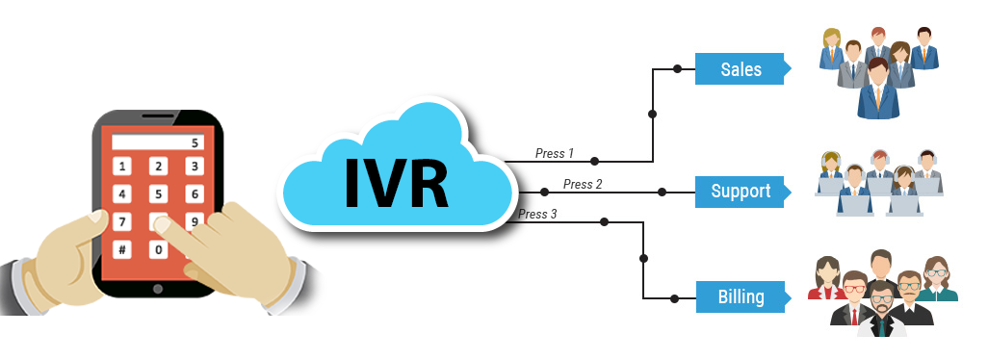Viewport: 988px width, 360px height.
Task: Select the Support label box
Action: click(741, 191)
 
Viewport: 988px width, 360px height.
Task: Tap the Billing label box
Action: click(741, 296)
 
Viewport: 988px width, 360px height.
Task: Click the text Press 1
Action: click(555, 153)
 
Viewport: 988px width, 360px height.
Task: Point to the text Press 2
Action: click(583, 184)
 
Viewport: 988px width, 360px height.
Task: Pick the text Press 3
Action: click(537, 214)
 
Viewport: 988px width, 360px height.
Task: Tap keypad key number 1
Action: click(122, 167)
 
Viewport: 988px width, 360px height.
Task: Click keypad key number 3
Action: click(194, 167)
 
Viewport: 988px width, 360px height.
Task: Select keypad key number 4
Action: click(122, 194)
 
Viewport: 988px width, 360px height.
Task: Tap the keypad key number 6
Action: click(194, 194)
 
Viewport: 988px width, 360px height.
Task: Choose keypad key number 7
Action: click(122, 222)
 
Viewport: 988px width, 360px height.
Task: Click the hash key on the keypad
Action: click(122, 250)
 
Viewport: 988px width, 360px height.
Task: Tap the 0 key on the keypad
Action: click(158, 250)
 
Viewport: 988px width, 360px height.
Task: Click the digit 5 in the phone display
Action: click(195, 142)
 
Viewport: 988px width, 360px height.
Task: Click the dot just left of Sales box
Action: click(677, 69)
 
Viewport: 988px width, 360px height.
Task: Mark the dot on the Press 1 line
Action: click(594, 161)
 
